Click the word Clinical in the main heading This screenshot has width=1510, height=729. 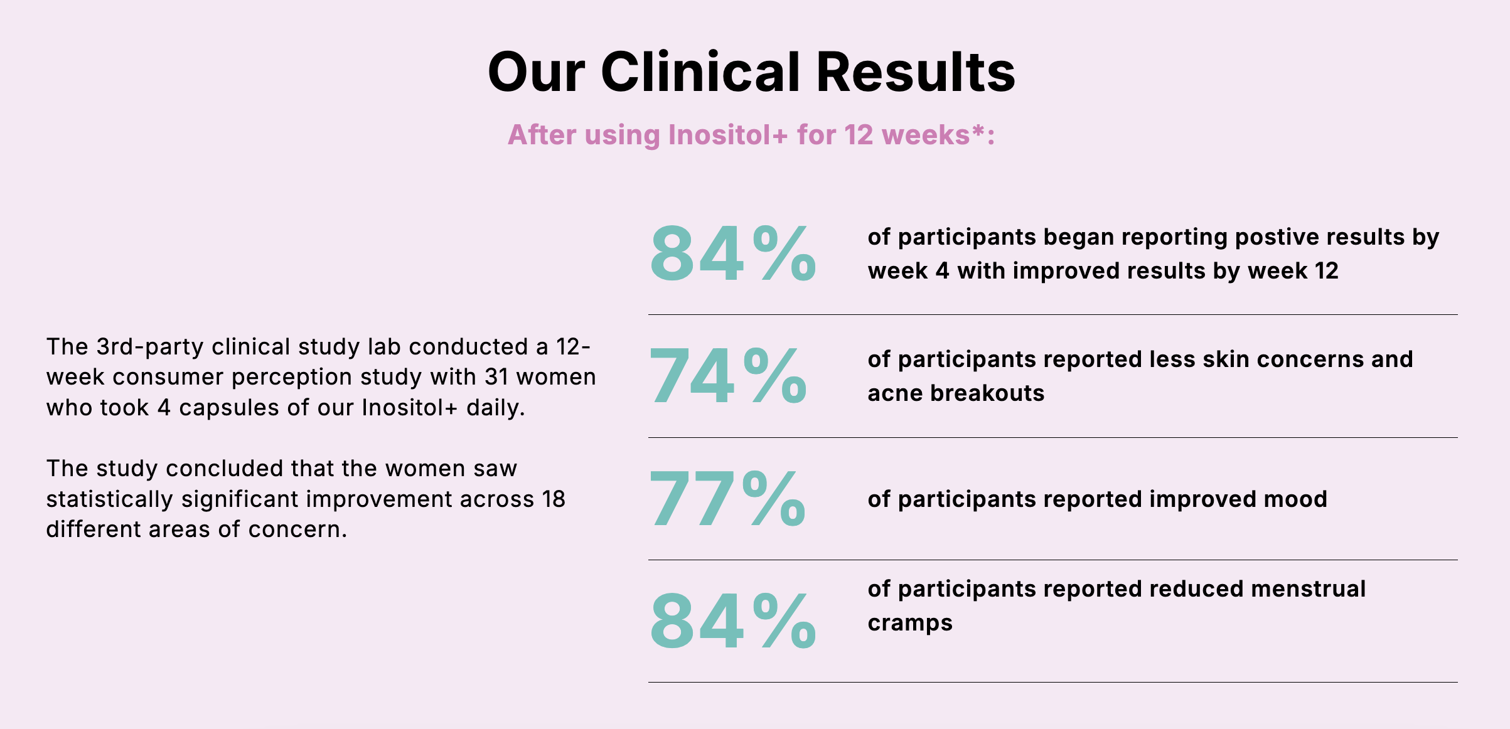tap(700, 72)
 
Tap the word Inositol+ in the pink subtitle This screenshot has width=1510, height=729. tap(727, 135)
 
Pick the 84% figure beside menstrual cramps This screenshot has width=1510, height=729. tap(733, 620)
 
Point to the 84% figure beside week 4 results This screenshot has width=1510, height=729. tap(733, 253)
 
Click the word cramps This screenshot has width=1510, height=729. tap(910, 624)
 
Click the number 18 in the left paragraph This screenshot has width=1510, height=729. tap(554, 499)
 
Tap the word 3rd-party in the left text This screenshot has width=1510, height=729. tap(149, 347)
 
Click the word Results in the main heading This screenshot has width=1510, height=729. tap(916, 72)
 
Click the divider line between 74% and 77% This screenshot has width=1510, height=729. tap(1052, 437)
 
